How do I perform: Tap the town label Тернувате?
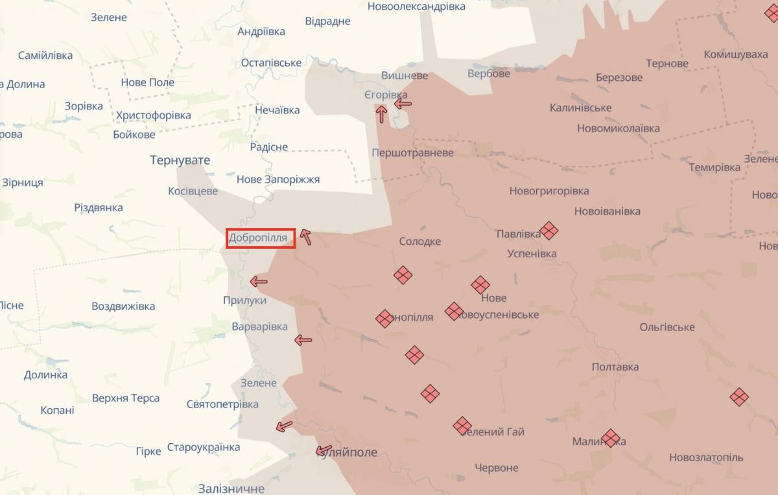(180, 160)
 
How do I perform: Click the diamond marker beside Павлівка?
(549, 231)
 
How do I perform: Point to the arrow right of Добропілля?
(305, 237)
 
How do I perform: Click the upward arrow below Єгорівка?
(381, 115)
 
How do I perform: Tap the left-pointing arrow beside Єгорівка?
(403, 102)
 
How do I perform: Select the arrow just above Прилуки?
(259, 281)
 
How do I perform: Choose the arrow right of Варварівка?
(303, 340)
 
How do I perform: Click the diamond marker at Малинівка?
(611, 439)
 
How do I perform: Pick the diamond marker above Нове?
(480, 285)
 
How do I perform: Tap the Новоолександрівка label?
(416, 6)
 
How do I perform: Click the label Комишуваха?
(736, 54)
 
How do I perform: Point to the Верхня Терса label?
(126, 398)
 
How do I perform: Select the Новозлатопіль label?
(706, 457)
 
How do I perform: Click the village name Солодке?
(419, 242)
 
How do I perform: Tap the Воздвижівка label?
(123, 306)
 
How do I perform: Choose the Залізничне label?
(231, 489)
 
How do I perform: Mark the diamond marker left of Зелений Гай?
(462, 426)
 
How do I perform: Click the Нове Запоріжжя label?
(278, 179)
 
